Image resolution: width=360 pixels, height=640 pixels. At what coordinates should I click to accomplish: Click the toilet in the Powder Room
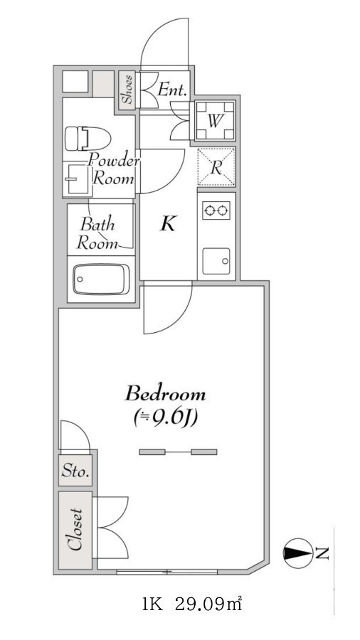pos(88,138)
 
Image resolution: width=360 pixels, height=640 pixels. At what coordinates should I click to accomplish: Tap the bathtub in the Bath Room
pos(101,279)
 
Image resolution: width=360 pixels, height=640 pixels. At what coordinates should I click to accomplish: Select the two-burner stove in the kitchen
pos(216,210)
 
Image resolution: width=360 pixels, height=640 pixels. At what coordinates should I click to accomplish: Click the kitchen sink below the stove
pos(216,261)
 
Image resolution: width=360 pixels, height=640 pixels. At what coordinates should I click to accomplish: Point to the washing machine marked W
pos(215,121)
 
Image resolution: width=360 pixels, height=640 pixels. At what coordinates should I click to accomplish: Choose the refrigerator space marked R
pos(216,167)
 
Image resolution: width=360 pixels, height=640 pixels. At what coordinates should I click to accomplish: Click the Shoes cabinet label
pos(127,89)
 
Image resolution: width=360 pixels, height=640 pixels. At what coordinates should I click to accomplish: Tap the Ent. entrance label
pos(172,90)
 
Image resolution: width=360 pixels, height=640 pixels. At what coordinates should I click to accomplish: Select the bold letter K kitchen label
pos(168,224)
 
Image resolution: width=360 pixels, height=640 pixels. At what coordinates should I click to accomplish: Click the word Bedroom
pos(165,394)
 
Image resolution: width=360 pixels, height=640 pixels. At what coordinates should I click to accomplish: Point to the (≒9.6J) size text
pos(165,417)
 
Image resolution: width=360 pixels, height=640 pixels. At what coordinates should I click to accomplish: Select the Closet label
pos(75,530)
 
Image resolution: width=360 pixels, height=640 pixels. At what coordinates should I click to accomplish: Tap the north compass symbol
pos(297,553)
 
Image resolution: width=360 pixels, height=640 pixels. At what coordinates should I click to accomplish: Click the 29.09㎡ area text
pos(208,603)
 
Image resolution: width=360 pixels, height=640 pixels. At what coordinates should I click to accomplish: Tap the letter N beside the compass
pos(322,553)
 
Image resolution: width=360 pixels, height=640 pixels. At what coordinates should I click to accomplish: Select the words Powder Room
pos(113,169)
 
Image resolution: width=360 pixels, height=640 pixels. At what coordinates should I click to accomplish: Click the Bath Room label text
pos(98,234)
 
